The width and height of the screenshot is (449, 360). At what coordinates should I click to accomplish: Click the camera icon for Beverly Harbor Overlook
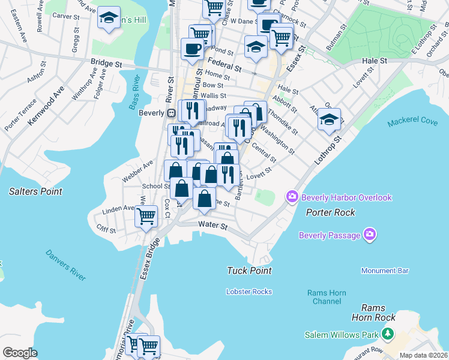click(x=292, y=197)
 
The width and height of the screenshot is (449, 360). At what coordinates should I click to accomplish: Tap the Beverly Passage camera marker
click(x=370, y=235)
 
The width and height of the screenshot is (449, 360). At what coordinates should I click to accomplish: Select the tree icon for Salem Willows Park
click(x=388, y=334)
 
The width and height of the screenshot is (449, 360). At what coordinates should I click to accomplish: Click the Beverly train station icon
click(x=171, y=113)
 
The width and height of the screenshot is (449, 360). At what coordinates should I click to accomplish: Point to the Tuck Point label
click(x=249, y=271)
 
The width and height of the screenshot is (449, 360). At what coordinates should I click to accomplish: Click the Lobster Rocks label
click(x=249, y=292)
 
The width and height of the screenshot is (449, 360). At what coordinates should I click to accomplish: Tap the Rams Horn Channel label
click(x=327, y=297)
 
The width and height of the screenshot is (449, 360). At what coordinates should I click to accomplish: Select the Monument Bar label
click(x=385, y=271)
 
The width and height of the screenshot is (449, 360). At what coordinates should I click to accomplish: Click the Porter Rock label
click(x=330, y=212)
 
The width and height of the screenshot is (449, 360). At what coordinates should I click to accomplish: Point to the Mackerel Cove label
click(x=412, y=121)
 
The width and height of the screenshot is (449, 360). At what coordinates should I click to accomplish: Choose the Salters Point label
click(x=35, y=191)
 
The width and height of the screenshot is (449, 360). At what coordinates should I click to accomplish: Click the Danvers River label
click(x=65, y=264)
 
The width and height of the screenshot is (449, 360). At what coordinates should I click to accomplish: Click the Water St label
click(x=212, y=226)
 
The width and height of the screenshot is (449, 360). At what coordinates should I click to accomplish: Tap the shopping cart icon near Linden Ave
click(x=146, y=216)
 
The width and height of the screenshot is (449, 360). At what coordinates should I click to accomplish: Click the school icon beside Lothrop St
click(x=329, y=119)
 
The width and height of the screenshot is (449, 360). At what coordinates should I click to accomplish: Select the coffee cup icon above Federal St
click(x=192, y=49)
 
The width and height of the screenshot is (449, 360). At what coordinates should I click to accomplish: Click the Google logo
click(x=20, y=353)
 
